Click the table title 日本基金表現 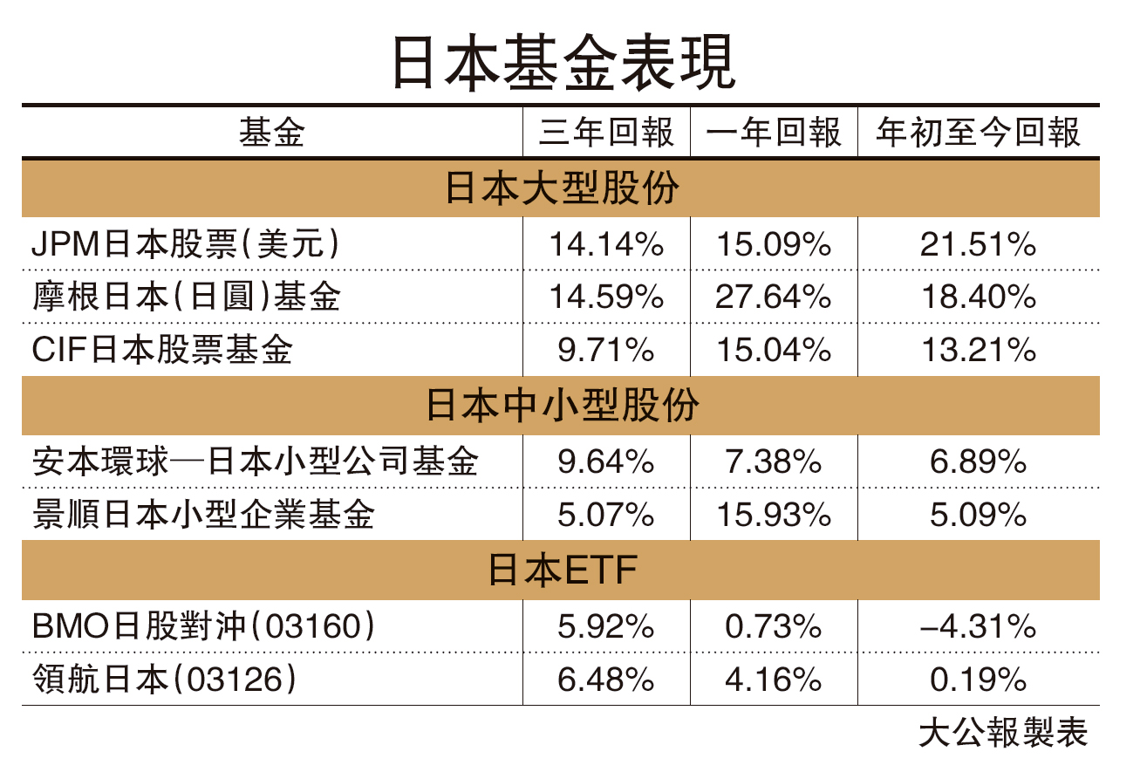(x=564, y=62)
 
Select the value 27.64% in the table (x=774, y=297)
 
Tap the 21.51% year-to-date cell (x=978, y=245)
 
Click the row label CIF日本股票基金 (x=162, y=350)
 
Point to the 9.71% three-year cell (x=606, y=350)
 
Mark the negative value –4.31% (x=978, y=626)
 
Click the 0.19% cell (x=978, y=680)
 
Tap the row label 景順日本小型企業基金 (x=202, y=515)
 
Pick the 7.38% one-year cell (x=774, y=461)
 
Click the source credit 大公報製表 (x=1003, y=734)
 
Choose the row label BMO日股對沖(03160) (x=205, y=626)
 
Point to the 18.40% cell (x=978, y=297)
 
